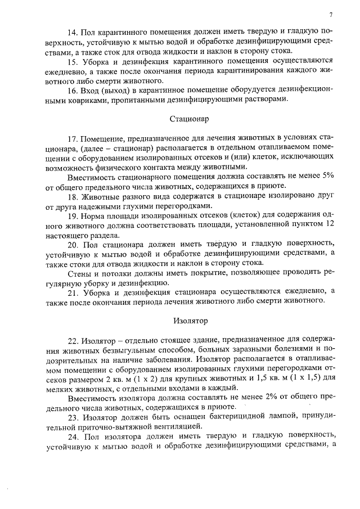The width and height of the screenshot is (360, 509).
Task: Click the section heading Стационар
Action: pyautogui.click(x=189, y=119)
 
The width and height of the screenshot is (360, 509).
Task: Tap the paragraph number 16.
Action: pyautogui.click(x=71, y=91)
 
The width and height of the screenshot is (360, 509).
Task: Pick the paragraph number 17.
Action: pyautogui.click(x=71, y=139)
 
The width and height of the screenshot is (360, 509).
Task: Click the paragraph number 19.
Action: pyautogui.click(x=71, y=216)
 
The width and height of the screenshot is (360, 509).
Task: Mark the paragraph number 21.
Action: pyautogui.click(x=71, y=293)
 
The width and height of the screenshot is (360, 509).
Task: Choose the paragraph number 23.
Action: pyautogui.click(x=71, y=418)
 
